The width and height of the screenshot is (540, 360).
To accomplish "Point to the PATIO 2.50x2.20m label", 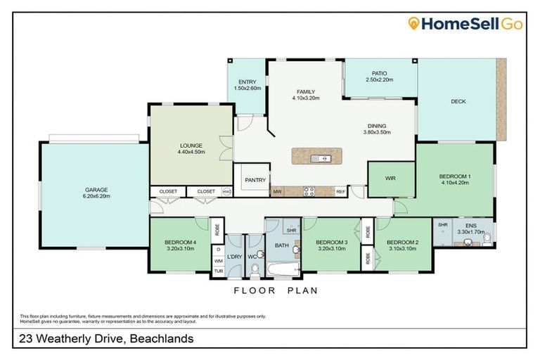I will point(380,76).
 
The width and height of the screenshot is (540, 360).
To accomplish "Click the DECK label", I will point(458,101).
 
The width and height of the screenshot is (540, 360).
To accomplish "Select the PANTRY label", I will point(255,180).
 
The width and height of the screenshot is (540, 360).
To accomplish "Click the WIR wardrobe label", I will point(391,179).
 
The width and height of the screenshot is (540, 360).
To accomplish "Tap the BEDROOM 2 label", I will point(403,244).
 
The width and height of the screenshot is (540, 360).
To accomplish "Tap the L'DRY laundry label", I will point(235,257).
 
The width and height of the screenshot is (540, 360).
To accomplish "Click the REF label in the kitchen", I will point(340,191).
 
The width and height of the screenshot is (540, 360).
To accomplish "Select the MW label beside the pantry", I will point(277,191).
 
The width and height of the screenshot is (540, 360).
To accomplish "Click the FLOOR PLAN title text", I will point(276,290).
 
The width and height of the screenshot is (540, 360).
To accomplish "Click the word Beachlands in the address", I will point(160,339).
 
